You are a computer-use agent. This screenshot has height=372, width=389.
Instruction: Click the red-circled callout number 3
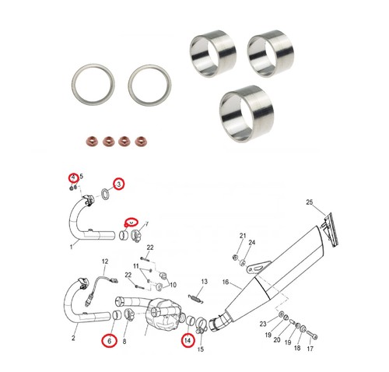[119, 184]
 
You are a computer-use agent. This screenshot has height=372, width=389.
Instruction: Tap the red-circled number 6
[109, 341]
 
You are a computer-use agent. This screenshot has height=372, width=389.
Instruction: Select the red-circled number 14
[187, 340]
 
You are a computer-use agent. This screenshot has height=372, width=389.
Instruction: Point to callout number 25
[310, 202]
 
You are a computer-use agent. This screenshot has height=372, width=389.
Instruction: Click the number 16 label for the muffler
[226, 282]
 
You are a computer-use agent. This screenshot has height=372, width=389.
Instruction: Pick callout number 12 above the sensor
[105, 261]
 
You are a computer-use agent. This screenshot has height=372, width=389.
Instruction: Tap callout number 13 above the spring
[205, 282]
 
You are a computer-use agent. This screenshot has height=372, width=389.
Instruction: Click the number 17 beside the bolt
[310, 349]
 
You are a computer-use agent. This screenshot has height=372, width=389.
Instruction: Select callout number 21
[243, 236]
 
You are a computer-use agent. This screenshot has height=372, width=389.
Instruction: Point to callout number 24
[252, 242]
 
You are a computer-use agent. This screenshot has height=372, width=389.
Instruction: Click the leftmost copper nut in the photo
[91, 141]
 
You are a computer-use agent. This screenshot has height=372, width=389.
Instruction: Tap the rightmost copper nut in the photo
[140, 141]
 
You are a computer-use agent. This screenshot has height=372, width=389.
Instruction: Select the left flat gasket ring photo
[93, 85]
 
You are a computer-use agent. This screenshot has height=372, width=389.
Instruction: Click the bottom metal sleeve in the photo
[247, 114]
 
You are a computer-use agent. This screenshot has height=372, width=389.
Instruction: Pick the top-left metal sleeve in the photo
[212, 53]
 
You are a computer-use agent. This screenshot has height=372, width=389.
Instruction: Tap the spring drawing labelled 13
[196, 298]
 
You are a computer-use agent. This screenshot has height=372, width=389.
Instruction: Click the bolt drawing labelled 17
[312, 335]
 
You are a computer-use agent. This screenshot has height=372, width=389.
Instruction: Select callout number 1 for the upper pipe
[72, 247]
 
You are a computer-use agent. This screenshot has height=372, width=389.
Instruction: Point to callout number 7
[147, 224]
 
